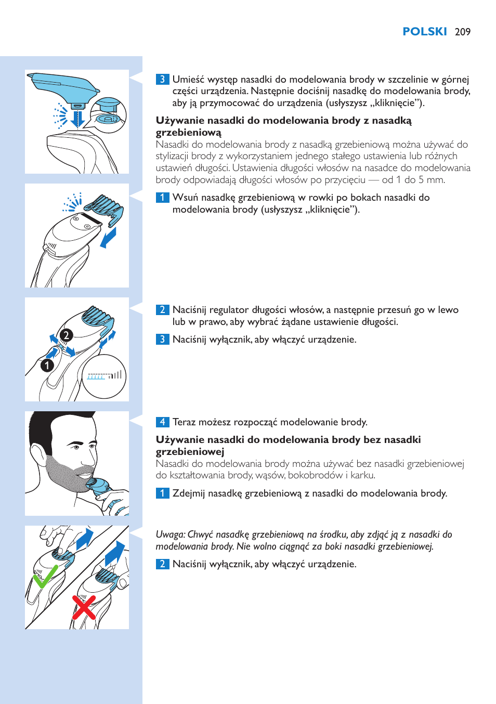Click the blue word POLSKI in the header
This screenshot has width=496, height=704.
click(x=424, y=32)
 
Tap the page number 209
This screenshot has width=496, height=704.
click(x=462, y=32)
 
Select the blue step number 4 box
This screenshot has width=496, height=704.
click(x=162, y=422)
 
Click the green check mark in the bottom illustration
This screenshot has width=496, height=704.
click(x=45, y=577)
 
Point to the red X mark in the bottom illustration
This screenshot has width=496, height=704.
click(x=84, y=607)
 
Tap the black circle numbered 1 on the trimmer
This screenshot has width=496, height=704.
click(x=47, y=366)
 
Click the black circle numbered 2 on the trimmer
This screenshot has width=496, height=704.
click(x=66, y=335)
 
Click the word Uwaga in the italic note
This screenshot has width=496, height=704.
click(x=170, y=534)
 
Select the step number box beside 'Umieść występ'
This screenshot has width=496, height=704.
click(x=162, y=80)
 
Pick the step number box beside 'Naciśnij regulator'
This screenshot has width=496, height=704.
click(x=162, y=310)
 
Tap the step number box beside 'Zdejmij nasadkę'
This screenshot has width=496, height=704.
click(x=162, y=493)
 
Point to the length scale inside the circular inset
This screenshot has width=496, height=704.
click(x=104, y=375)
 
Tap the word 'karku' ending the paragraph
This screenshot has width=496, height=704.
click(x=362, y=475)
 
